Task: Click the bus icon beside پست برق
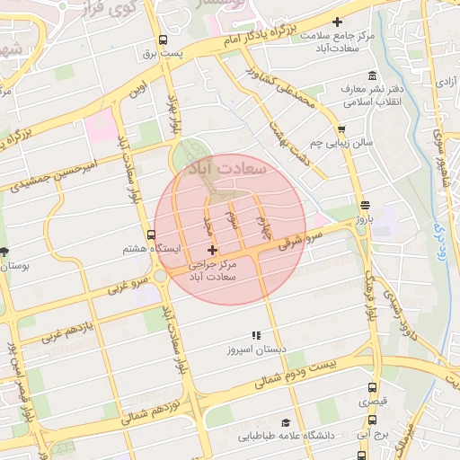(x=163, y=40)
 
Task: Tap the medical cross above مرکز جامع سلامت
(x=337, y=22)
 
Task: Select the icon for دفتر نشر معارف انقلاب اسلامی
(x=371, y=76)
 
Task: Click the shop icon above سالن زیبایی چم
(x=342, y=128)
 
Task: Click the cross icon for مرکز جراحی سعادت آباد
(x=212, y=250)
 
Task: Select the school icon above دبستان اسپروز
(x=256, y=335)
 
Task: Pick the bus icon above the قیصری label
(x=373, y=388)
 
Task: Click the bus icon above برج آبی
(x=373, y=419)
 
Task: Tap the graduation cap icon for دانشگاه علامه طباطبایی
(x=286, y=422)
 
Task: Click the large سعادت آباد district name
(x=225, y=167)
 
